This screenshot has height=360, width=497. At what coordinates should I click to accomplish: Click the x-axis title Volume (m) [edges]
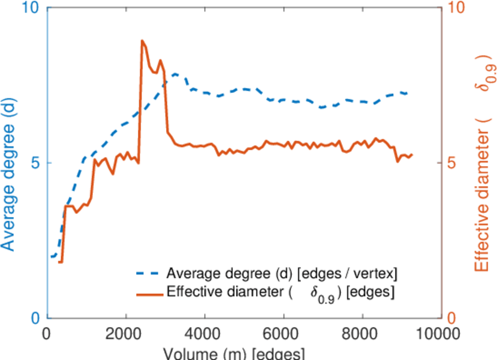(245, 353)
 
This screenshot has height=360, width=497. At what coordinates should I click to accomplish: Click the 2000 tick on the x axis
(126, 334)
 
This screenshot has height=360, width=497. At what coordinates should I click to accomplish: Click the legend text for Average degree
(282, 274)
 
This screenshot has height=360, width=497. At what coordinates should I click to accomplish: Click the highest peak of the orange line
(142, 41)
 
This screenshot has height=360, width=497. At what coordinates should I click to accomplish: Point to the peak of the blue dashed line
(175, 74)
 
